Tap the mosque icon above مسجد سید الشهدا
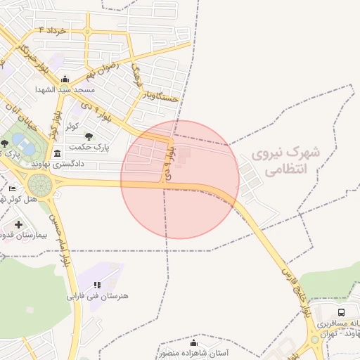tap(65, 79)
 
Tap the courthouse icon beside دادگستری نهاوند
tap(57, 153)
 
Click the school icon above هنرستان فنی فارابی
tap(97, 284)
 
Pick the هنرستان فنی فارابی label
tap(98, 296)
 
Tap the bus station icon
tap(341, 312)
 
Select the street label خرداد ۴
tap(52, 30)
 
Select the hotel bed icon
tap(11, 189)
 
